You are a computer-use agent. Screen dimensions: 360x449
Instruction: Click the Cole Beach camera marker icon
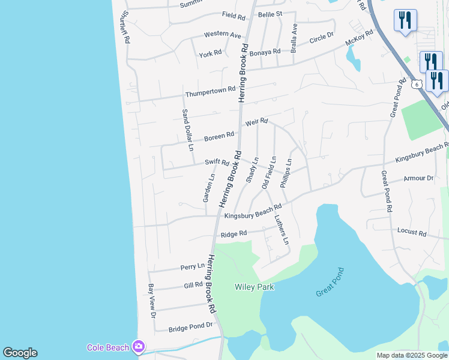click(x=139, y=347)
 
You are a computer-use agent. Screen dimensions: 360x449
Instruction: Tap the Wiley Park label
click(x=254, y=287)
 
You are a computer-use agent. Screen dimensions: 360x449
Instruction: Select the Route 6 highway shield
click(x=417, y=84)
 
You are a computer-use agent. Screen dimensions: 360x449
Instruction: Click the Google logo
click(x=20, y=353)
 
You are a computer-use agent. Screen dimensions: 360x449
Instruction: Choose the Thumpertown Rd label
click(x=210, y=92)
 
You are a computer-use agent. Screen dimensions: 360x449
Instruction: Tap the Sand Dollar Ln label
click(x=187, y=130)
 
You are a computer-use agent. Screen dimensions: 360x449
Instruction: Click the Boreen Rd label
click(x=218, y=137)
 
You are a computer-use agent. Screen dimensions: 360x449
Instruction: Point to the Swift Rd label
click(x=217, y=162)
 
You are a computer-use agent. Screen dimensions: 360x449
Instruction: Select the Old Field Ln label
click(x=268, y=173)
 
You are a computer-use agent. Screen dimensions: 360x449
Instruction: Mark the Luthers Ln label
click(x=282, y=230)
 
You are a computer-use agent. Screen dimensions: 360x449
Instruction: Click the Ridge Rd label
click(x=234, y=234)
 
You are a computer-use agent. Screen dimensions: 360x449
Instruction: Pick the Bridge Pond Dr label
click(x=191, y=327)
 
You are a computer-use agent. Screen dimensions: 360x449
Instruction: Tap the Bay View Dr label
click(x=152, y=301)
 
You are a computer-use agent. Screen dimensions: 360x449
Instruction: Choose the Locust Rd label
click(x=412, y=232)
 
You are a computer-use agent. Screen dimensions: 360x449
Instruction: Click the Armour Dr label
click(x=418, y=178)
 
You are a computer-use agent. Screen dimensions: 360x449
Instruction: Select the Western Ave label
click(x=222, y=35)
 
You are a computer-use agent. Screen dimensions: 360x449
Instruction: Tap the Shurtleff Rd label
click(x=125, y=26)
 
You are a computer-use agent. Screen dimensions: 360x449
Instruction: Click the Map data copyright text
click(x=412, y=355)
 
